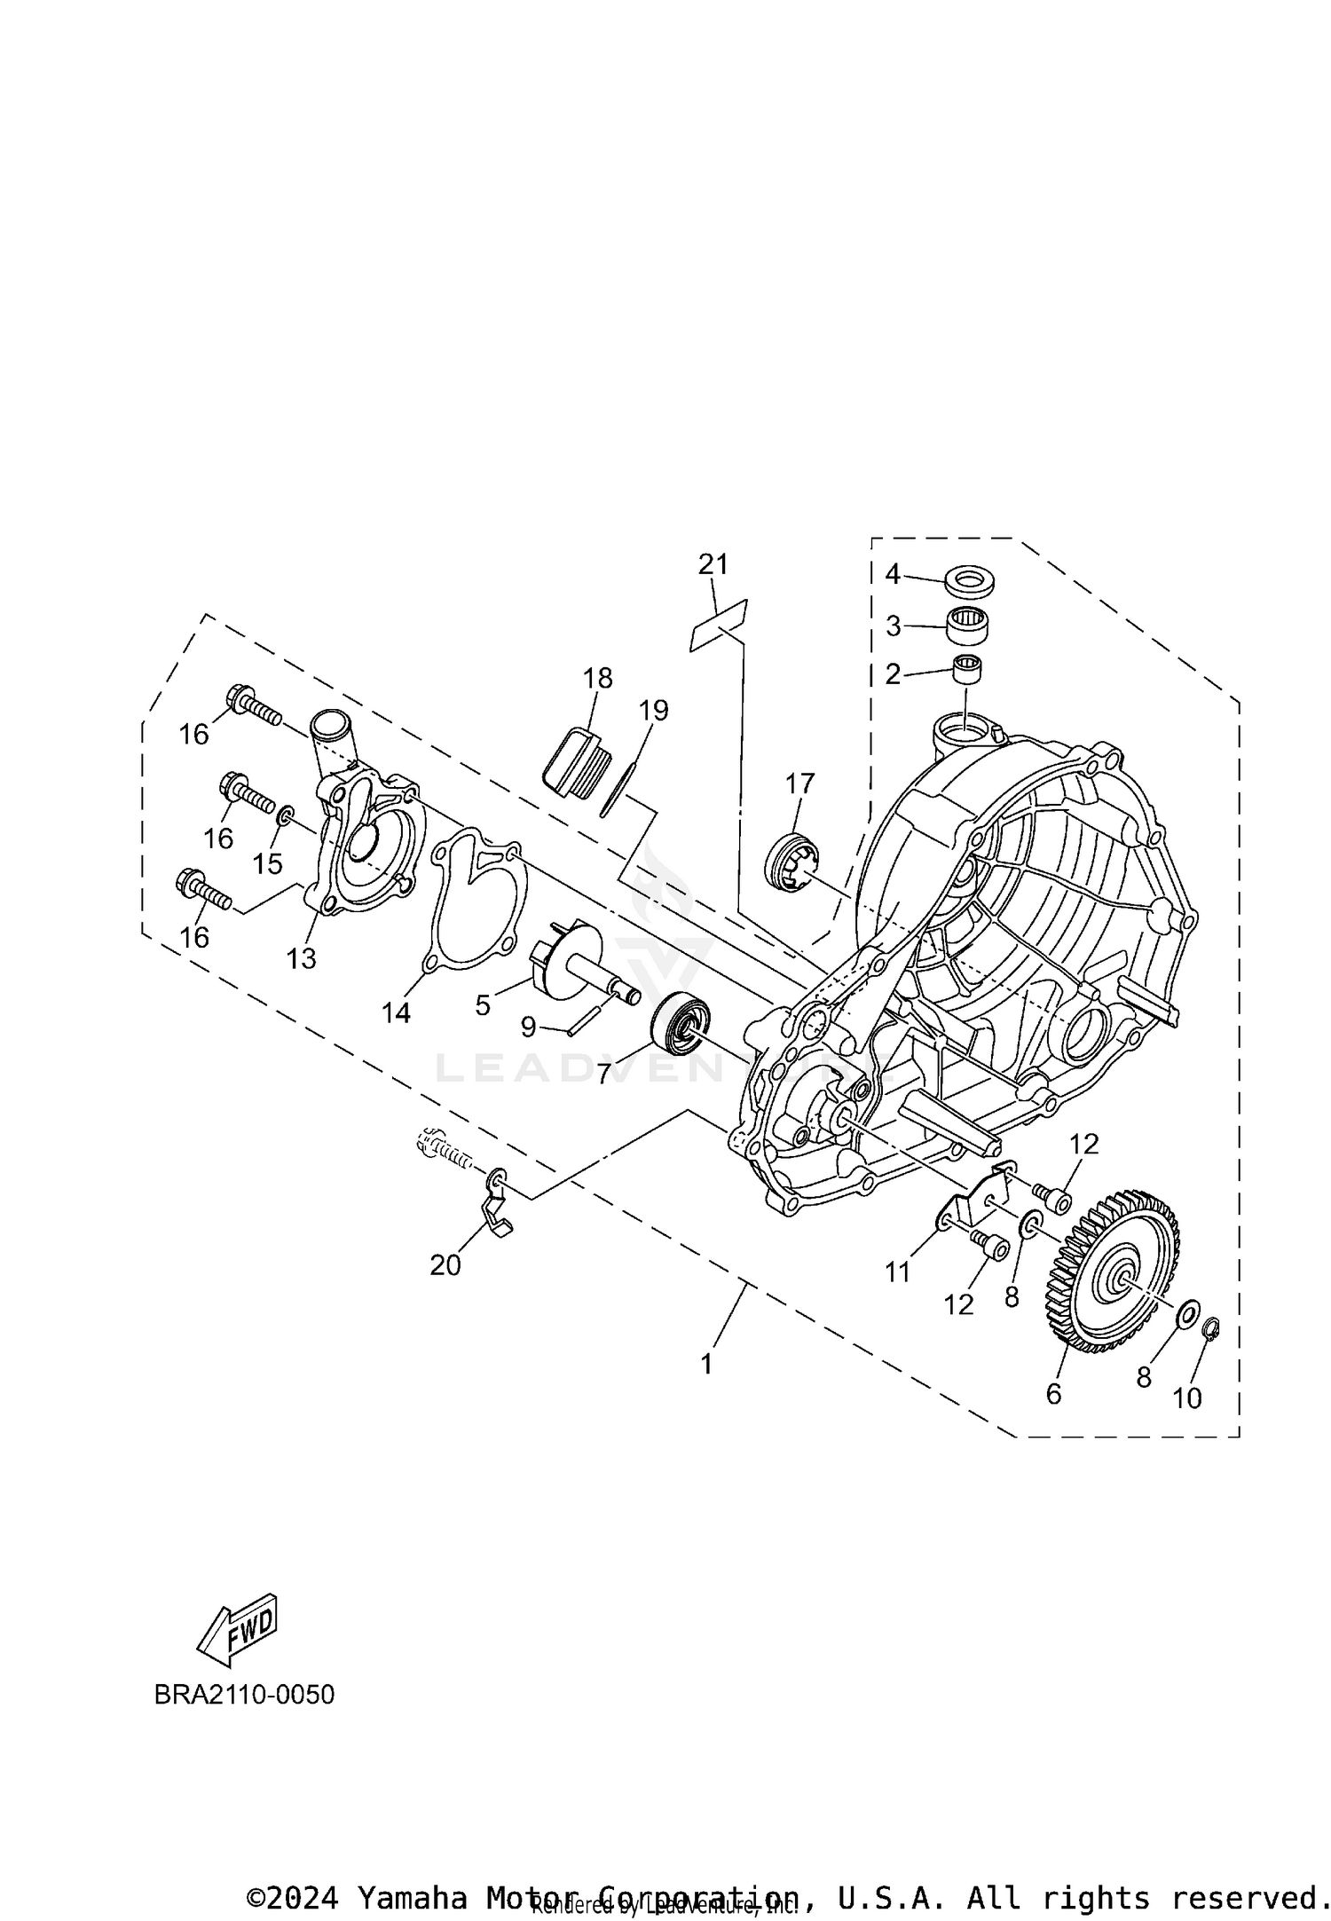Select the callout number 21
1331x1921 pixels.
pos(713,563)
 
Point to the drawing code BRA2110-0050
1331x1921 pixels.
pos(244,1694)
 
